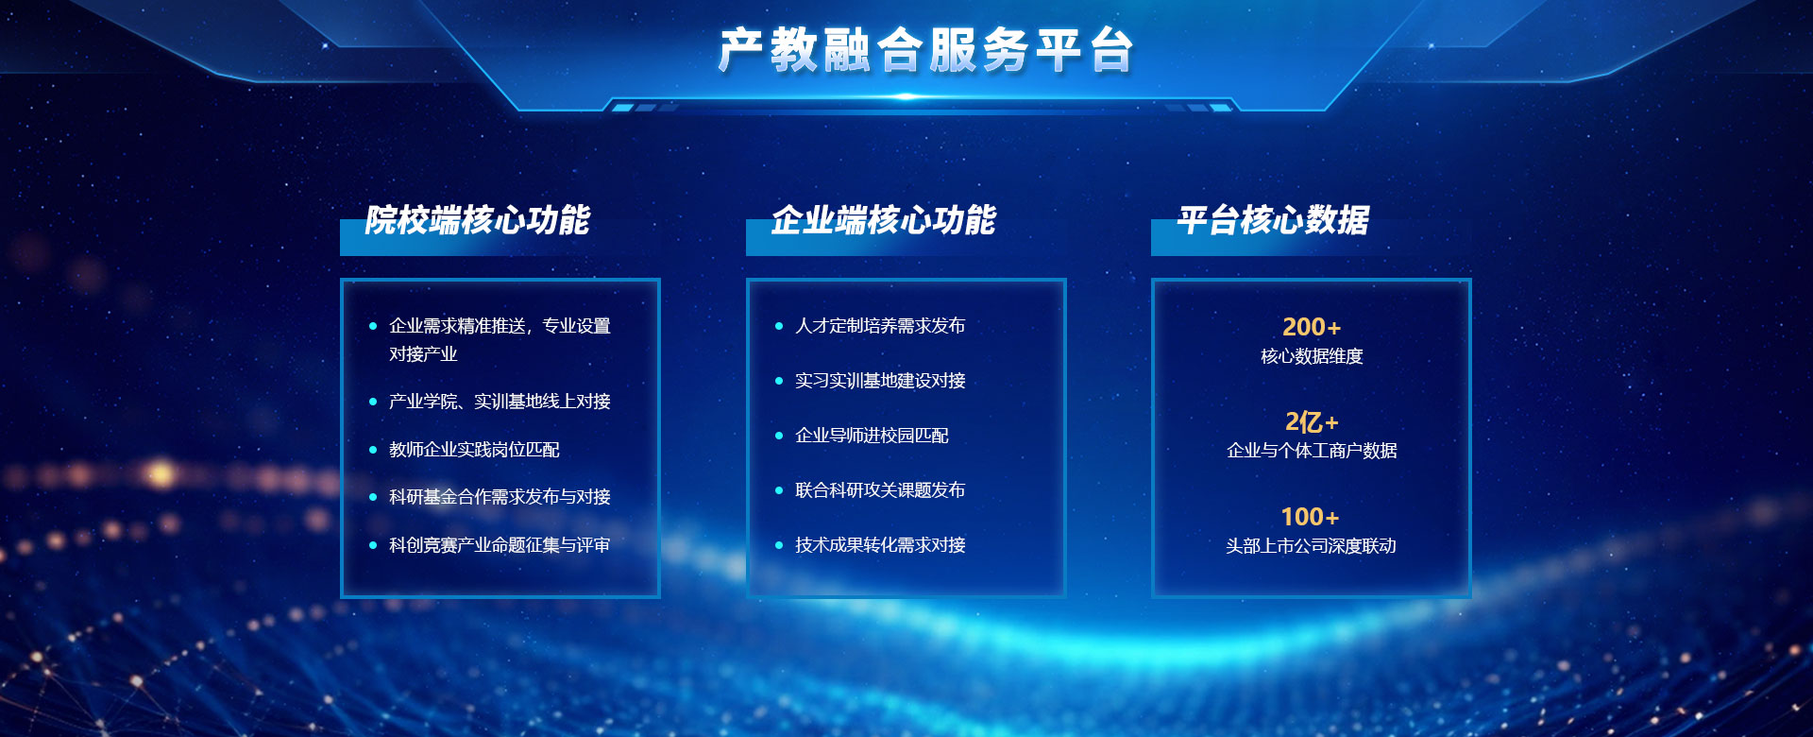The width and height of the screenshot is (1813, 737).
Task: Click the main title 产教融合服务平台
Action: (925, 50)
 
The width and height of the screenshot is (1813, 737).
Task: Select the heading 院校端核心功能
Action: (478, 220)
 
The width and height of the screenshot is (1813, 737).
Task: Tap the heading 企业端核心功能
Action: (884, 220)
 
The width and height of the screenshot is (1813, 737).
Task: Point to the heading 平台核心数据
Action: (1273, 220)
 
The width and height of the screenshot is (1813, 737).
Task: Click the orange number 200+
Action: (1312, 327)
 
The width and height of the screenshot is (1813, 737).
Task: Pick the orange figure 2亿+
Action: (1312, 421)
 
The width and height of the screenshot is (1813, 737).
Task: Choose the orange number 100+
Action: (1311, 517)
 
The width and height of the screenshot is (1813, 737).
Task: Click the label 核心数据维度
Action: (1312, 356)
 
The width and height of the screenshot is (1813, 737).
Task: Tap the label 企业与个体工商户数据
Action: (1312, 451)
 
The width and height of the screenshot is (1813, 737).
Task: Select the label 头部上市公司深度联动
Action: (1311, 546)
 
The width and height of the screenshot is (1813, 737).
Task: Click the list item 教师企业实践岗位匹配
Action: (474, 450)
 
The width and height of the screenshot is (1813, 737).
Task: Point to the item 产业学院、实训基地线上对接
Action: (500, 402)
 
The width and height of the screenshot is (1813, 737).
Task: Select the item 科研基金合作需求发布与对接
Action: (500, 497)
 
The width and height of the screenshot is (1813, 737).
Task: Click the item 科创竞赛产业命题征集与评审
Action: (500, 545)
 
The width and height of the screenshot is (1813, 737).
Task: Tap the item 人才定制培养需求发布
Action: (880, 326)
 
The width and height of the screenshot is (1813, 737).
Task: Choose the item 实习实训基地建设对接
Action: (880, 381)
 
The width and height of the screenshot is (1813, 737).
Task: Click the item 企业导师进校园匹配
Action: (872, 436)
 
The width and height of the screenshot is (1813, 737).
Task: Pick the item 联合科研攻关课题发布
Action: (880, 490)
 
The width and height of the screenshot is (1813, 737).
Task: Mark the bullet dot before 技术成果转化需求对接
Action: (779, 545)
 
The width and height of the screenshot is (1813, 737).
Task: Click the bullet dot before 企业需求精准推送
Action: (373, 326)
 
